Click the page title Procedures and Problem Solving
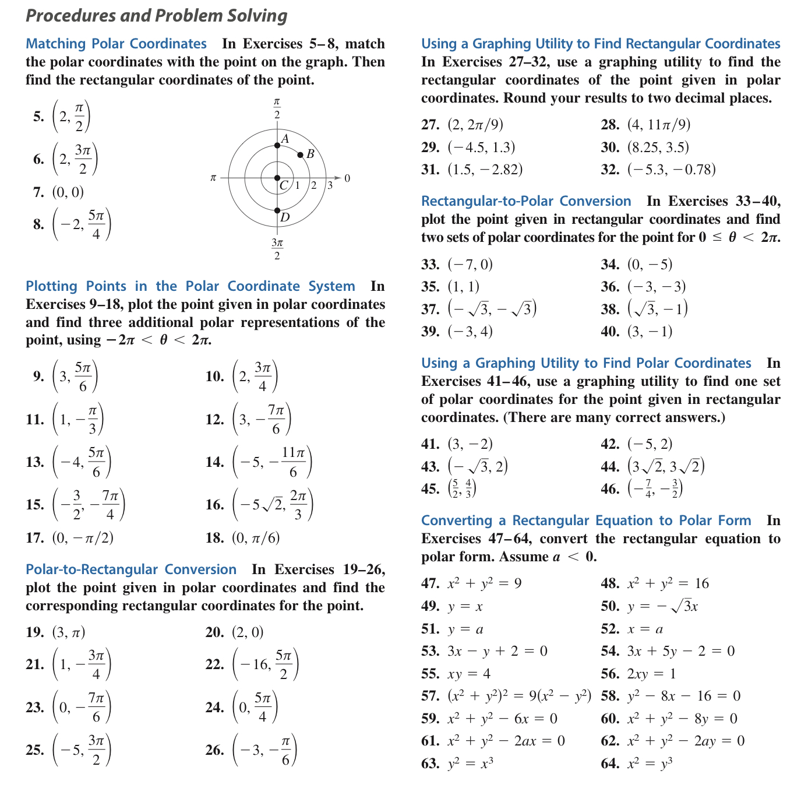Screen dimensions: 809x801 tap(156, 16)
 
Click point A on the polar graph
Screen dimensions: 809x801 tap(277, 146)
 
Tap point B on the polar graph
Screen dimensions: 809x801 tap(300, 154)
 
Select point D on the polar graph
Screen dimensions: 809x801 tap(277, 210)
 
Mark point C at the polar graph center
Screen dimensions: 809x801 tap(277, 178)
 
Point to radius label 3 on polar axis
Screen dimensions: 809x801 tap(330, 186)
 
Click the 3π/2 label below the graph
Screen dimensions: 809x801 tap(277, 248)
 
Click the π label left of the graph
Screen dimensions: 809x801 tap(213, 177)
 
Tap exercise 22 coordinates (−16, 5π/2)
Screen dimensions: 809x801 tap(266, 664)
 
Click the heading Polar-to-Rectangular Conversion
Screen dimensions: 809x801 tap(131, 569)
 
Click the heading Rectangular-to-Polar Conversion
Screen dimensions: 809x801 tap(526, 201)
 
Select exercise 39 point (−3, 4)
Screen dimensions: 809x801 tap(470, 332)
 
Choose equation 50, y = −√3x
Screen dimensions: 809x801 tap(662, 606)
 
